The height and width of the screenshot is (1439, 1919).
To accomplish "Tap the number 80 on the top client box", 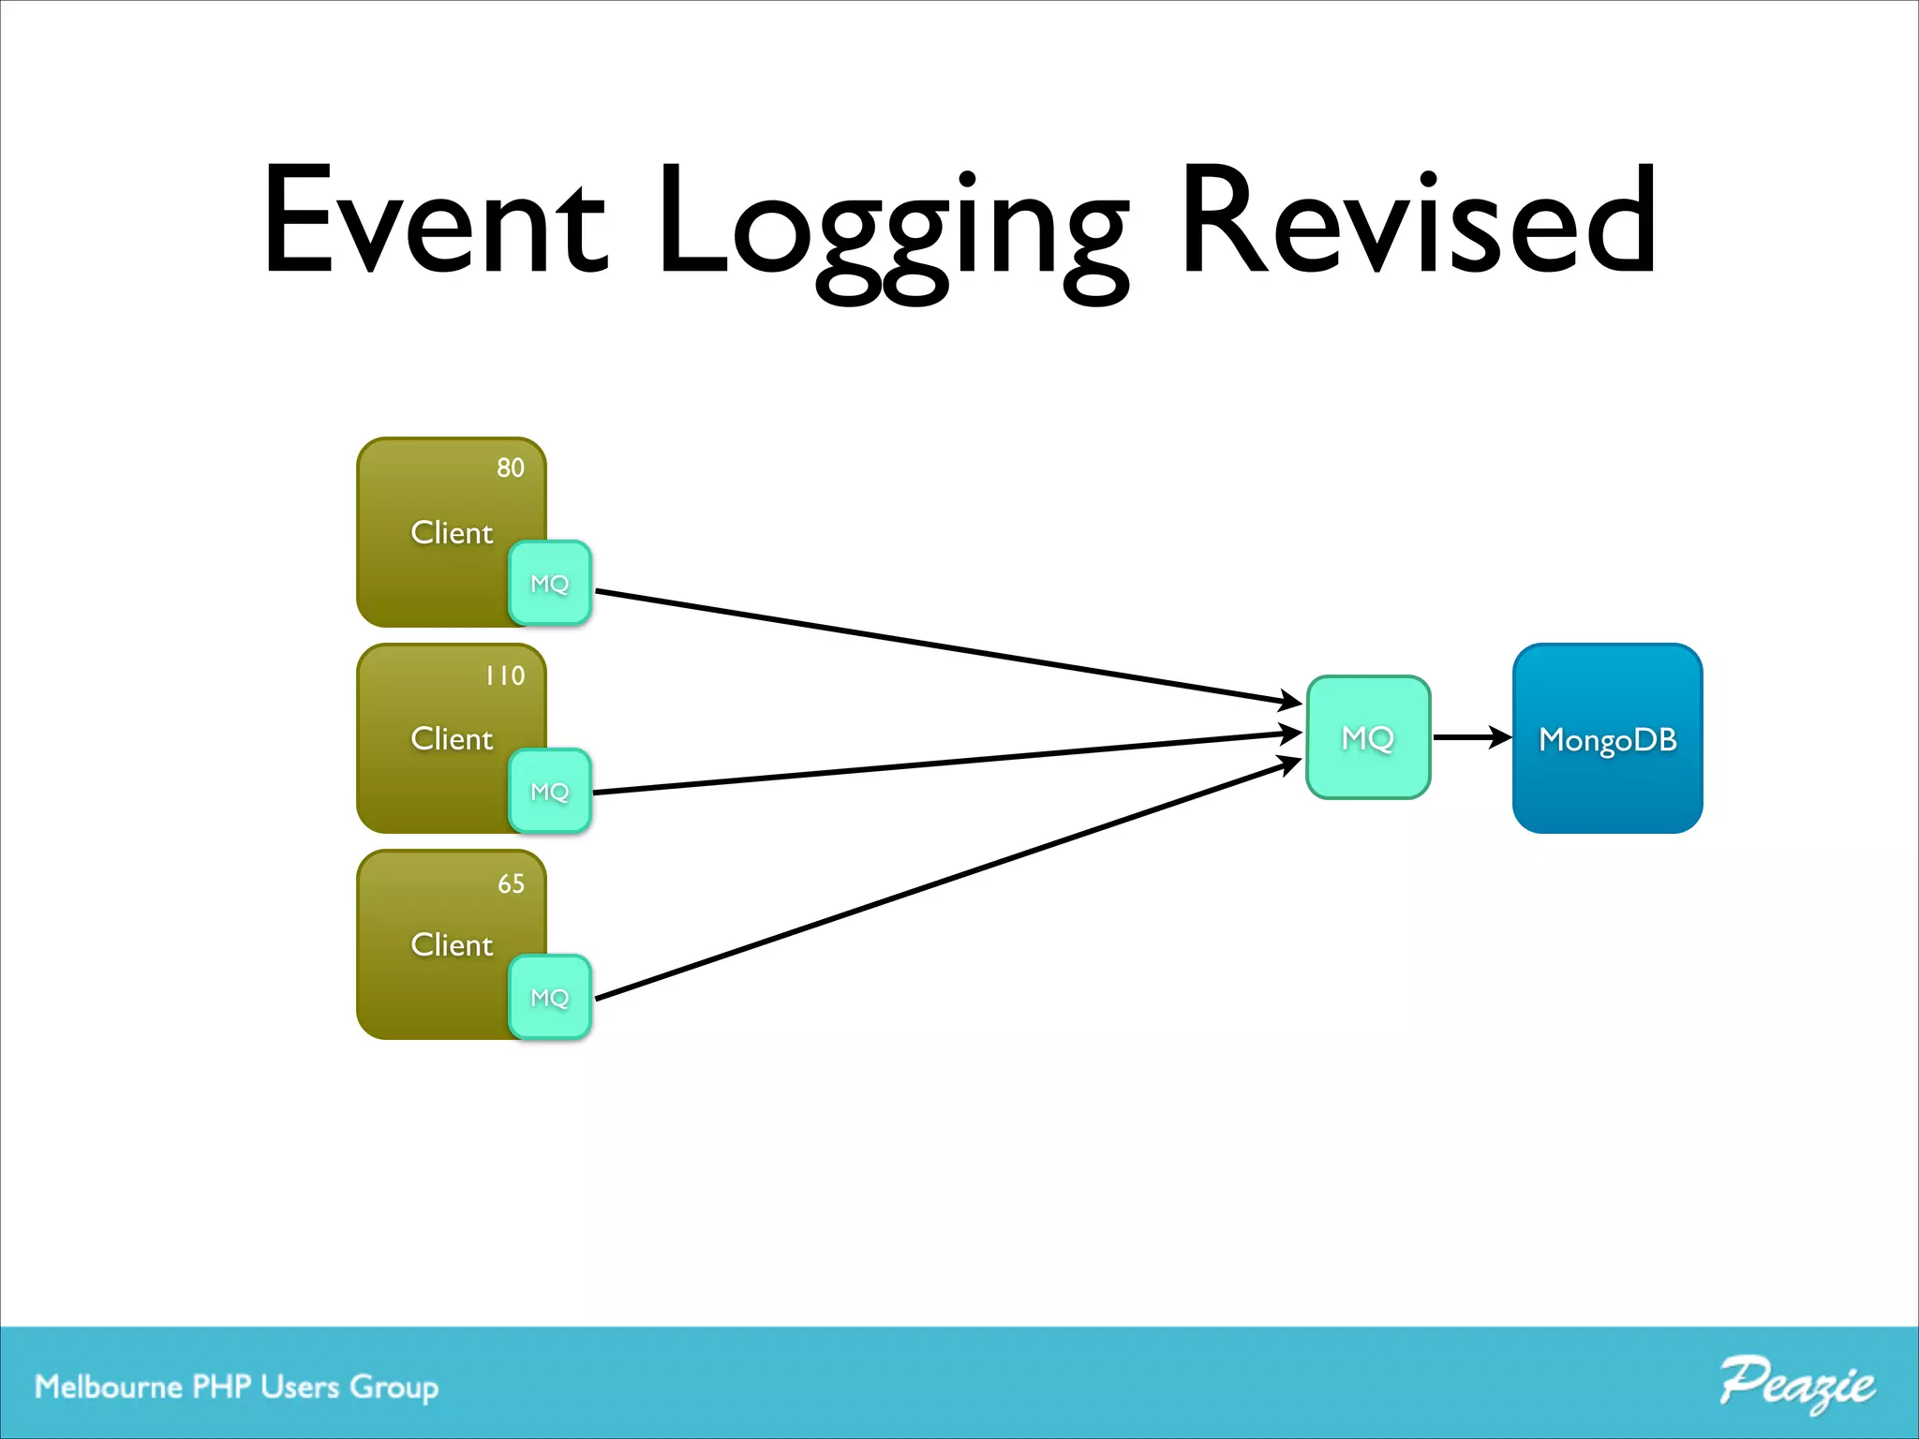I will click(x=511, y=467).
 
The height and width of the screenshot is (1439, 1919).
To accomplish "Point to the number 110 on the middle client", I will click(x=505, y=675).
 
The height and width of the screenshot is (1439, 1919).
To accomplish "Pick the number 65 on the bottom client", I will click(x=511, y=883).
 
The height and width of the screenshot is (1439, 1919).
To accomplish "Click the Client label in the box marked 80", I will click(x=452, y=533).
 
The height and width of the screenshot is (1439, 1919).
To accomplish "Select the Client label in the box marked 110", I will click(x=452, y=739).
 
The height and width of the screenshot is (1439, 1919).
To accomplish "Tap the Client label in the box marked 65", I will click(x=452, y=945).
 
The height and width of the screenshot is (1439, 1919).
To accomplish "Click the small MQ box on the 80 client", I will click(x=550, y=584).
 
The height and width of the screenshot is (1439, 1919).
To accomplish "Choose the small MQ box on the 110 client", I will click(x=550, y=792).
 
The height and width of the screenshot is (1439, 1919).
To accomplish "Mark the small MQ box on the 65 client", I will click(x=550, y=998).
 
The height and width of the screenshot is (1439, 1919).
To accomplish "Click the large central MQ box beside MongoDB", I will click(x=1368, y=738).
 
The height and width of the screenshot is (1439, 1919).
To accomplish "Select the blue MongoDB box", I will click(x=1607, y=739).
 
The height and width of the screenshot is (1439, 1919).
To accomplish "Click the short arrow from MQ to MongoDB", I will click(x=1469, y=737).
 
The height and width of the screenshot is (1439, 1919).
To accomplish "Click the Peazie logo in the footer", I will click(x=1796, y=1383).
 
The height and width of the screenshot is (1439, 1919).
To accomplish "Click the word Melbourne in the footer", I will click(x=109, y=1387).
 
